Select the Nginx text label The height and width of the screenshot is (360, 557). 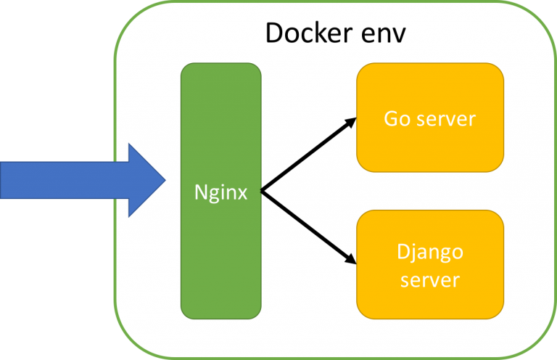tap(220, 192)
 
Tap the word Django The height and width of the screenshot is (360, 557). tap(429, 253)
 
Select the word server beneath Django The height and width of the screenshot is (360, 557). tap(429, 279)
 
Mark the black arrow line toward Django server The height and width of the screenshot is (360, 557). tap(305, 226)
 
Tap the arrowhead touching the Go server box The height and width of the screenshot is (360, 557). tap(350, 122)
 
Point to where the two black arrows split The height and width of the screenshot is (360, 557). tap(261, 192)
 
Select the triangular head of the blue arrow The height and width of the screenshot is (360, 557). tap(145, 180)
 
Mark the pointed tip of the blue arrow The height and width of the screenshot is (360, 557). tap(165, 180)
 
